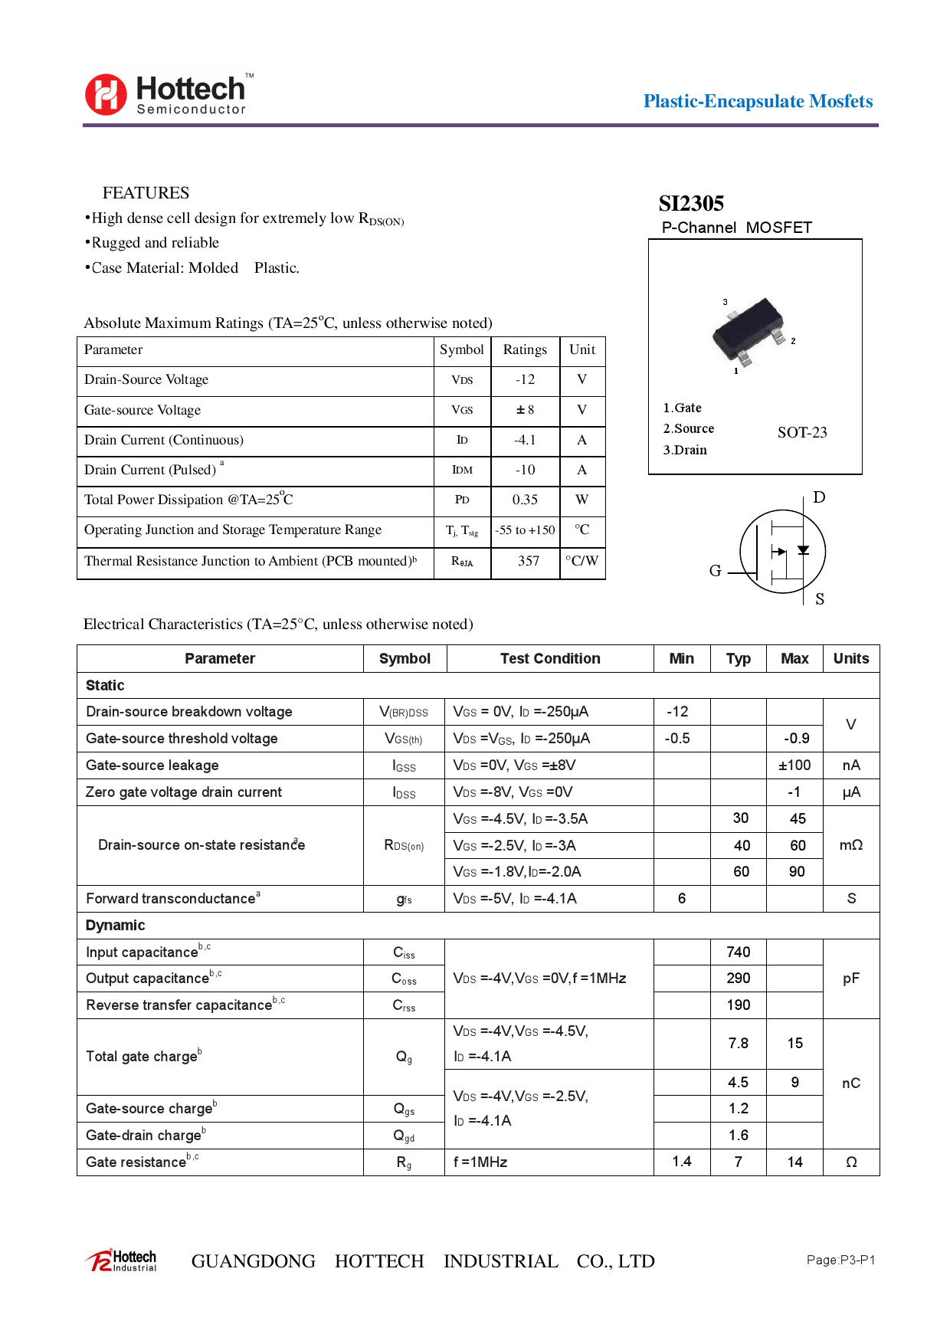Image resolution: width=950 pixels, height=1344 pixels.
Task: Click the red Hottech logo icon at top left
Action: tap(106, 94)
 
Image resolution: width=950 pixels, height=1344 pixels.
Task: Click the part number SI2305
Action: tap(691, 203)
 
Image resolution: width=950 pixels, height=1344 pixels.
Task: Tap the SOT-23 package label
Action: tap(802, 432)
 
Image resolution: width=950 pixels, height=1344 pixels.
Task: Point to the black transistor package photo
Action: tap(749, 331)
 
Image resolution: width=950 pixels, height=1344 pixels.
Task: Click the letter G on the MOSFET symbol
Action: tap(715, 570)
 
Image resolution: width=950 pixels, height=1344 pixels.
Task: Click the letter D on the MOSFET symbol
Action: tap(819, 497)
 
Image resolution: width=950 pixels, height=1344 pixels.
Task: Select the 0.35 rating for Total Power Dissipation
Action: tap(525, 500)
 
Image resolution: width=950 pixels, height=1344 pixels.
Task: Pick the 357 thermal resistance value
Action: tap(528, 561)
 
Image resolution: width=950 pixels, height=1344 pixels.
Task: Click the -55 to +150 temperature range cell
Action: tap(525, 530)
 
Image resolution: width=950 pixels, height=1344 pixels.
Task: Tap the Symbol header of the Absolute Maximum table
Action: tap(461, 349)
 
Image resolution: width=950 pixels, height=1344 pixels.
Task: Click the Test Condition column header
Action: tap(550, 658)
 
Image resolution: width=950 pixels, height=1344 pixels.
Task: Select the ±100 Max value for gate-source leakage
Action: tap(794, 765)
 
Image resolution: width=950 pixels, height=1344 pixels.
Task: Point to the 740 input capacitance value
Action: tap(738, 952)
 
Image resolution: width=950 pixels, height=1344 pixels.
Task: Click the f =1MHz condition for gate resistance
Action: tap(480, 1162)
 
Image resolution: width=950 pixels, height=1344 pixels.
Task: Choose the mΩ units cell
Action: tap(850, 844)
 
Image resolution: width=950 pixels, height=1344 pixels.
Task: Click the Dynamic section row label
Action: tap(115, 925)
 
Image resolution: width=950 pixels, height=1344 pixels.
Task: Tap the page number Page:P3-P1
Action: tap(840, 1260)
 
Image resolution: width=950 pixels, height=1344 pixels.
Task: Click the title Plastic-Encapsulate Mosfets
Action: tap(758, 101)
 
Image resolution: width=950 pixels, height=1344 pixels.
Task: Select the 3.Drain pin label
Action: tap(685, 450)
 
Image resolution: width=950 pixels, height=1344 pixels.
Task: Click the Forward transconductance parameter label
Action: tap(171, 898)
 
